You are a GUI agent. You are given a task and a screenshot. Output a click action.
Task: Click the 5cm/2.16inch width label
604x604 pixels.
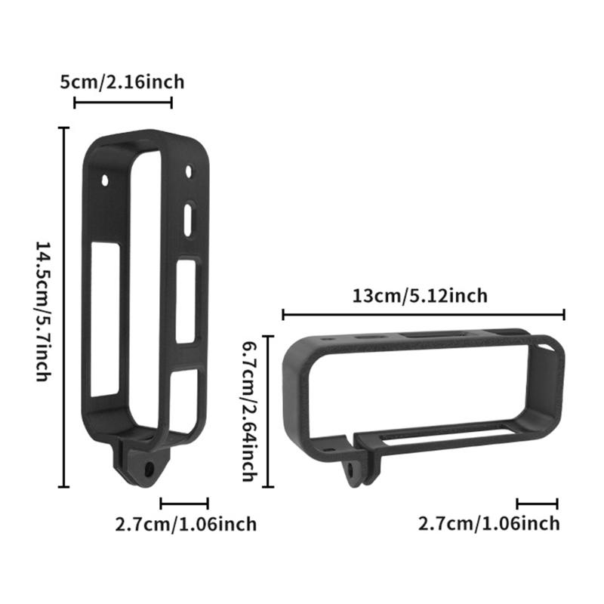click(x=122, y=81)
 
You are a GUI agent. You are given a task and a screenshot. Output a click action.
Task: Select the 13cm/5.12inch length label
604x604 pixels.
click(x=421, y=295)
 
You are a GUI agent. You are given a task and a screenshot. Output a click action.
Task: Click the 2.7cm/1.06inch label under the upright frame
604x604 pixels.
click(x=186, y=523)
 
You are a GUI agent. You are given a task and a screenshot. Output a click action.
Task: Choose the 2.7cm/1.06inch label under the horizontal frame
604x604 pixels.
click(x=489, y=522)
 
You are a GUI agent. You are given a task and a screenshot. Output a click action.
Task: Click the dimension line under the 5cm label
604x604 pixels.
click(x=123, y=102)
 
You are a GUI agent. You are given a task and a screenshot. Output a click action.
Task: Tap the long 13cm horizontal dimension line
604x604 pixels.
click(x=424, y=314)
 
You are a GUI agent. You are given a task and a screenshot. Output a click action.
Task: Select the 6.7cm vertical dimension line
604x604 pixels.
click(x=266, y=410)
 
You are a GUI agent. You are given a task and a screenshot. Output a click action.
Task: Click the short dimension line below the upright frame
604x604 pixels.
click(x=184, y=502)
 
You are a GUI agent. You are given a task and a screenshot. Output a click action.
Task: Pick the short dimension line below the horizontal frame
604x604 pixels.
click(x=538, y=503)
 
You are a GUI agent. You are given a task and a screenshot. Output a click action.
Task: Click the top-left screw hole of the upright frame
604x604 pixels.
click(x=106, y=180)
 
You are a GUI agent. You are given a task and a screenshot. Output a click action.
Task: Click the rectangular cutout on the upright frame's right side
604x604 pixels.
click(x=186, y=300)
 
